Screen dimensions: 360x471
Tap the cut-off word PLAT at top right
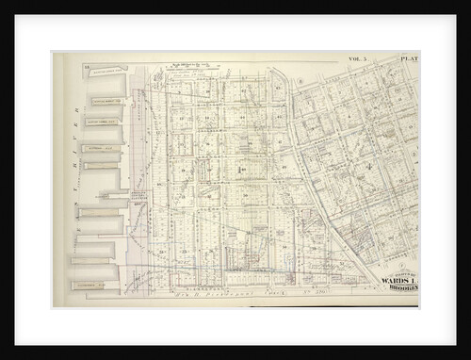[x=409, y=58]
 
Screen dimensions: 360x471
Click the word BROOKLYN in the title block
[x=400, y=288]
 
